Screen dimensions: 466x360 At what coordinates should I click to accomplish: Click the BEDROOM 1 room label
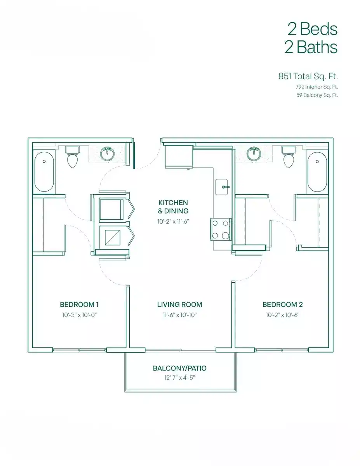pos(82,304)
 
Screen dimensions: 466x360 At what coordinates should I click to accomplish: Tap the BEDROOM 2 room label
pos(282,304)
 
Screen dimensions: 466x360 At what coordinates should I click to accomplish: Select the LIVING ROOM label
pos(179,304)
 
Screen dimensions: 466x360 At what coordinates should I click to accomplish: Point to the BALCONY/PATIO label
pos(179,368)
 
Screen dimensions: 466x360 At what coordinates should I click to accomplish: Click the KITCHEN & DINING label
pos(173,207)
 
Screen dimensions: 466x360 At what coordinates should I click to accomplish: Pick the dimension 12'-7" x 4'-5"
pos(179,377)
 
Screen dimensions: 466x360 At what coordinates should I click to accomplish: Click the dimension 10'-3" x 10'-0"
pos(79,315)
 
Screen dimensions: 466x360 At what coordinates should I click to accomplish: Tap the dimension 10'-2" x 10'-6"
pos(282,315)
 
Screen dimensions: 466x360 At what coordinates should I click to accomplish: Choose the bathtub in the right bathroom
pos(317,172)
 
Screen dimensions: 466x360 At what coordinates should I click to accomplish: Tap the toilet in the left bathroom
pos(72,158)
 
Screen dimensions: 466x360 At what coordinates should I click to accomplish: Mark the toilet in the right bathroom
pos(288,158)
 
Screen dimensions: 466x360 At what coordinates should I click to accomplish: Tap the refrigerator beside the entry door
pos(178,156)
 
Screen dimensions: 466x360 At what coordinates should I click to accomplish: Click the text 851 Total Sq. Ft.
pos(308,77)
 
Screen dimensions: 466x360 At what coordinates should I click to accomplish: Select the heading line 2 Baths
pos(311,47)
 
